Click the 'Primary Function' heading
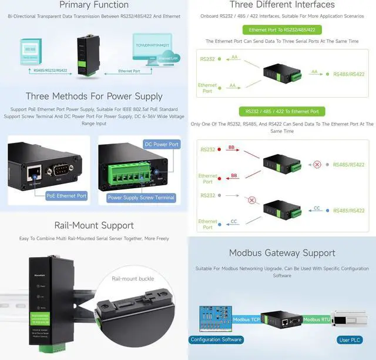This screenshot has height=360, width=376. pos(94,5)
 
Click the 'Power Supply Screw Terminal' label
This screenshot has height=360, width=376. pos(141,198)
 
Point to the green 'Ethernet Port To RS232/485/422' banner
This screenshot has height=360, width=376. pos(282,29)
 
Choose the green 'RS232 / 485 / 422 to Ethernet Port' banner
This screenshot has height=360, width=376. pos(282,111)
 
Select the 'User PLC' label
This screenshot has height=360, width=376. pos(350,339)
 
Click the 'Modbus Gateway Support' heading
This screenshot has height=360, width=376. pos(282,253)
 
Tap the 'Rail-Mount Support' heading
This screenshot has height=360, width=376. pos(94,225)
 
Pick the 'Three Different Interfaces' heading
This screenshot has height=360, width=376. pos(282,5)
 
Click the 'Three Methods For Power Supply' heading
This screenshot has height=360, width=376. pos(94,96)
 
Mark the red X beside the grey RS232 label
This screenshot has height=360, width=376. pos(252,200)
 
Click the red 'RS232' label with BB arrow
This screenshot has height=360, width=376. pos(208,150)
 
